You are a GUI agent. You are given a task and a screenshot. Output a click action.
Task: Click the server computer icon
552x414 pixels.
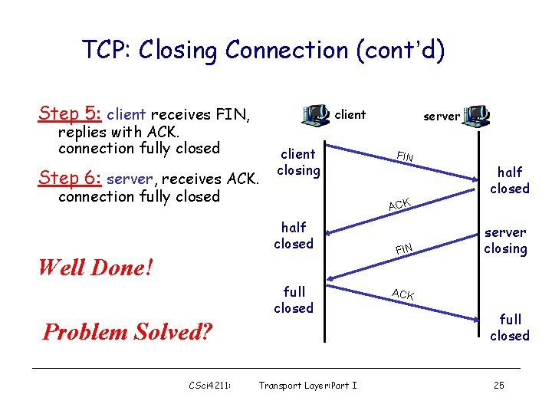(x=477, y=116)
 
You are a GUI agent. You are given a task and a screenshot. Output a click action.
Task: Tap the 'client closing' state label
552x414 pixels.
(x=298, y=162)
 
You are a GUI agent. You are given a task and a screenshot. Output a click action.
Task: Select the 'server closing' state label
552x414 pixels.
(x=505, y=240)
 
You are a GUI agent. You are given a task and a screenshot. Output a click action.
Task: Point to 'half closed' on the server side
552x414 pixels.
(x=510, y=180)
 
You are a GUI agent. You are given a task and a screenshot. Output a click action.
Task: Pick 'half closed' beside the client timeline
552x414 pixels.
(x=294, y=235)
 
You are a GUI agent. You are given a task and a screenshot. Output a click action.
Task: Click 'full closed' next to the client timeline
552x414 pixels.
(x=294, y=300)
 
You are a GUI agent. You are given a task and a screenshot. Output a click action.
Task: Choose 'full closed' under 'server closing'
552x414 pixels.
(x=510, y=327)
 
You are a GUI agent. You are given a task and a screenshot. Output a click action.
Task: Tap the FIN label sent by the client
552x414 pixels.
(x=405, y=157)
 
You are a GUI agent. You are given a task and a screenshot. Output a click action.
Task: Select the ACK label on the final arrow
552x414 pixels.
(x=402, y=294)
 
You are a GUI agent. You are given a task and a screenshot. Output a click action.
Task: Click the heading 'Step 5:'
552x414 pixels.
(x=71, y=114)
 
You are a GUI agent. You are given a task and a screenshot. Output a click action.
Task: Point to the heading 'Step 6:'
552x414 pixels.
(x=71, y=178)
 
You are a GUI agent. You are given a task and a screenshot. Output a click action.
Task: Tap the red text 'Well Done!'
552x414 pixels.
(x=95, y=268)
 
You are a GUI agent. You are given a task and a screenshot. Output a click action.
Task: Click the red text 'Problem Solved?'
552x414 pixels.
(x=128, y=332)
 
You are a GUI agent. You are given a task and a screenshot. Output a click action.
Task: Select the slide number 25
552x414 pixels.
(x=498, y=386)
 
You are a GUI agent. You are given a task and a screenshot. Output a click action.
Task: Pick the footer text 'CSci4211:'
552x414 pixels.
(x=210, y=386)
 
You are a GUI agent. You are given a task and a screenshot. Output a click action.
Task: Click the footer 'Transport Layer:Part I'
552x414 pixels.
(x=307, y=386)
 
